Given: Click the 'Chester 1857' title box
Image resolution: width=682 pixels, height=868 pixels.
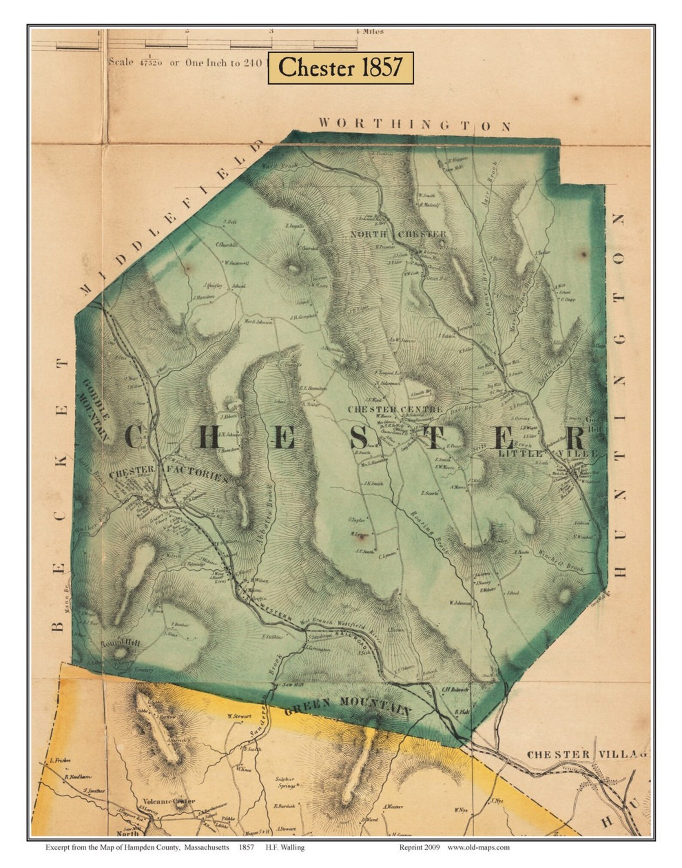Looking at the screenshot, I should coord(341,68).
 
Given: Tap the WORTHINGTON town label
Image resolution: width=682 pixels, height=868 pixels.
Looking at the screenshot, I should coord(414,124).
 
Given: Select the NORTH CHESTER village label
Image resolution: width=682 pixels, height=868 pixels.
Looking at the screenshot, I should coord(398,235).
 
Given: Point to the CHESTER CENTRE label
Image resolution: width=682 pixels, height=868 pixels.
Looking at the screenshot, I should coord(395,409).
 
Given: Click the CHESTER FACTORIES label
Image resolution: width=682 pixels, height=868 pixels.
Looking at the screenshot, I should coord(168,475).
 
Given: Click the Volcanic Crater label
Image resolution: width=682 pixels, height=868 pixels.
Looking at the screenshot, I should coord(169,801).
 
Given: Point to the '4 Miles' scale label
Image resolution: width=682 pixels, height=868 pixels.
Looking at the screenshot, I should coord(369,31).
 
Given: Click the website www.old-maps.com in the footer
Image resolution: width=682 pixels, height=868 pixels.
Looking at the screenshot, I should coord(478,835).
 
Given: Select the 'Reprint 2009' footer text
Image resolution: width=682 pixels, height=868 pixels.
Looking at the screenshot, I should coord(420,835).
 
